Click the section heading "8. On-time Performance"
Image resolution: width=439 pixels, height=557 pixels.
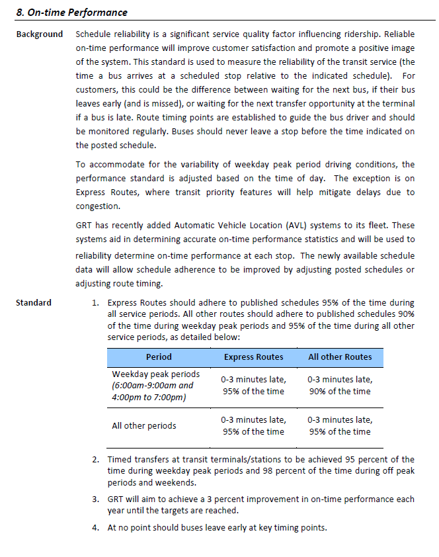tap(71, 13)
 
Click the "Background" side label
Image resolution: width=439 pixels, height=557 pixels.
tap(40, 34)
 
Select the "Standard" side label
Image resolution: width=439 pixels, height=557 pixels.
tap(34, 302)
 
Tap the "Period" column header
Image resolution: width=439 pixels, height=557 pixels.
tap(159, 357)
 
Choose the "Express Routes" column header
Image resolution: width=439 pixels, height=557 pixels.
tap(253, 357)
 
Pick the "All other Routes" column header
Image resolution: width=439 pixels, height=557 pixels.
tap(340, 357)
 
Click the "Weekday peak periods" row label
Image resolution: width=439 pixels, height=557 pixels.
tap(156, 374)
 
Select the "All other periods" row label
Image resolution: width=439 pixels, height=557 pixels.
tap(144, 425)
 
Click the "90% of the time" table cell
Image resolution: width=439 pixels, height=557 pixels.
tap(340, 391)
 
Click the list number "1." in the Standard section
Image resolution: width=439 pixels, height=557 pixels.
tap(95, 302)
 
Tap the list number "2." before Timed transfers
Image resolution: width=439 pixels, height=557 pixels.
tap(95, 459)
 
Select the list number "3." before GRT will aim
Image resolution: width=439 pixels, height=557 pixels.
tap(95, 498)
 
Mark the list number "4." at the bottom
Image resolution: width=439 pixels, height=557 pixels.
tap(95, 527)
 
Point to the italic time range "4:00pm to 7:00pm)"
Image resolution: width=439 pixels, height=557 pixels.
tap(149, 397)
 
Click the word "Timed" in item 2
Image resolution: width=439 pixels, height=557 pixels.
tap(120, 459)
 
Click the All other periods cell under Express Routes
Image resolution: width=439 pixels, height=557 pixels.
tap(253, 425)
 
